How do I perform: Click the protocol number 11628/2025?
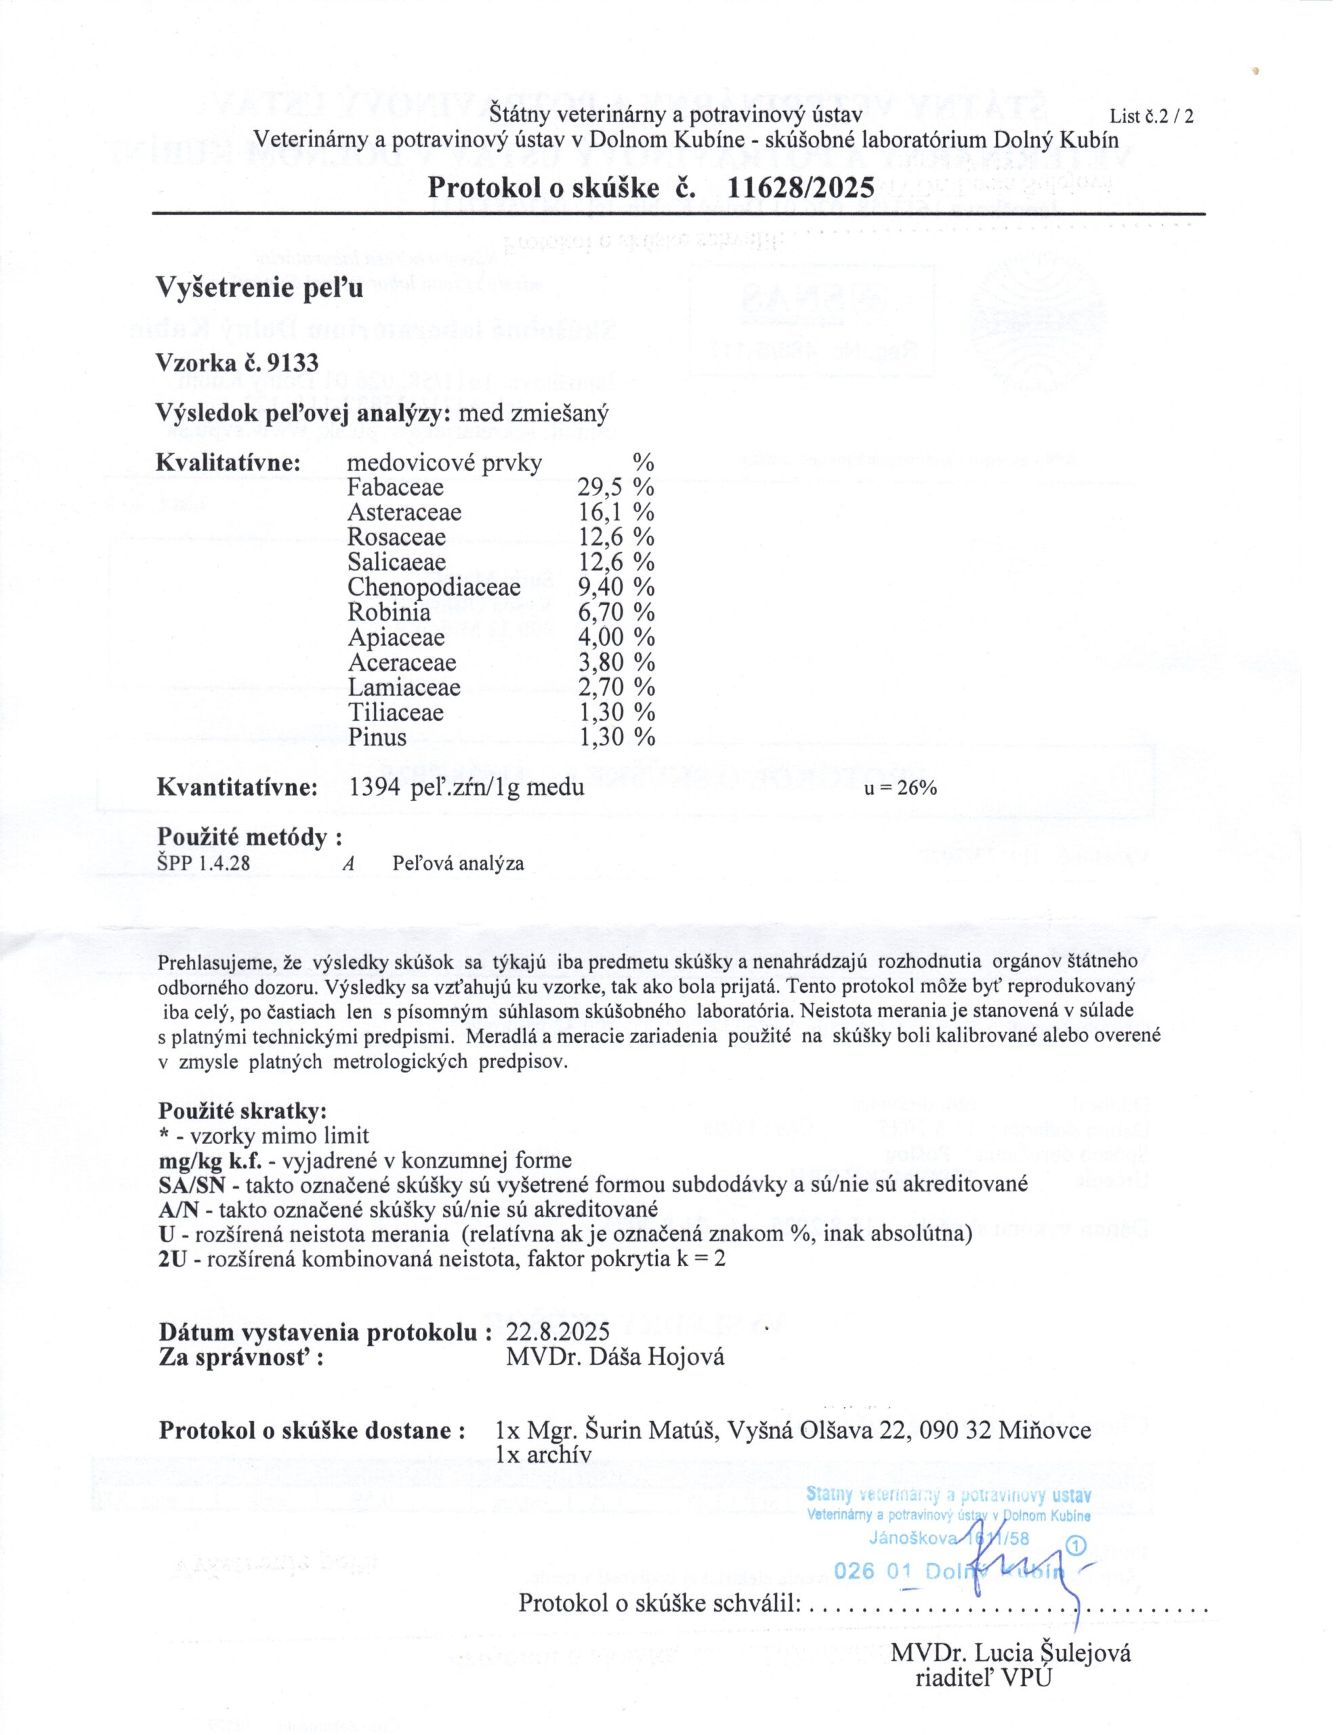pyautogui.click(x=801, y=188)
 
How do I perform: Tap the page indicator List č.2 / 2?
pyautogui.click(x=1151, y=117)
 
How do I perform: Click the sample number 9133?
pyautogui.click(x=293, y=363)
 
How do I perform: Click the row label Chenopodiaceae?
pyautogui.click(x=434, y=587)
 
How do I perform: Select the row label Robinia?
pyautogui.click(x=390, y=613)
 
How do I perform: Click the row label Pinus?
pyautogui.click(x=377, y=737)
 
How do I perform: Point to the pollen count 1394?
pyautogui.click(x=373, y=788)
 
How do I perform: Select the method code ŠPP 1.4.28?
pyautogui.click(x=204, y=863)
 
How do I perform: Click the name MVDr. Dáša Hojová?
pyautogui.click(x=615, y=1357)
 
